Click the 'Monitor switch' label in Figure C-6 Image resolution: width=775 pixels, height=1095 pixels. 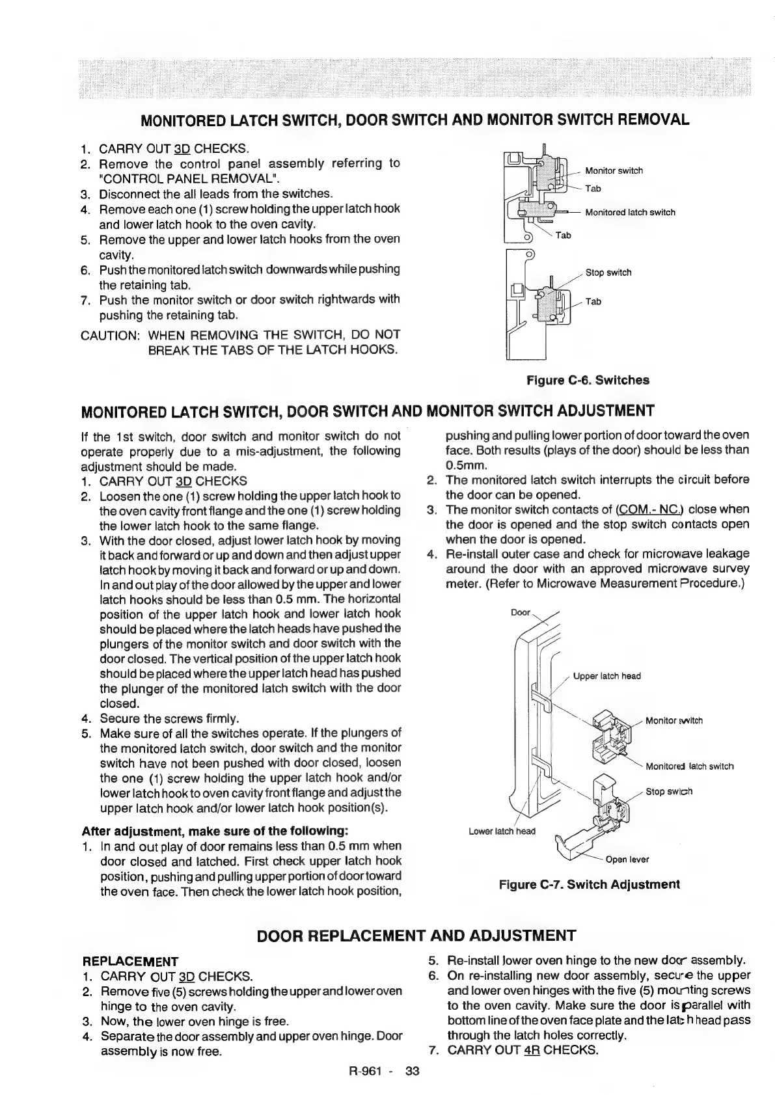point(614,171)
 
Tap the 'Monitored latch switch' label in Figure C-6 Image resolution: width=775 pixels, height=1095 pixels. point(630,213)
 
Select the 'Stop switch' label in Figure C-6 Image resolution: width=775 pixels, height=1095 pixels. point(608,273)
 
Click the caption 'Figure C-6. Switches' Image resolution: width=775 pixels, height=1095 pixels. point(588,380)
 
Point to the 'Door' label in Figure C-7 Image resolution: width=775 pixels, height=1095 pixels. point(521,613)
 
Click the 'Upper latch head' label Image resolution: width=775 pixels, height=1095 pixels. point(606,676)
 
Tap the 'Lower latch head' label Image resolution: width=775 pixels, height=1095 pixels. point(502,831)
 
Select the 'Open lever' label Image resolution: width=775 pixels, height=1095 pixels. point(627,859)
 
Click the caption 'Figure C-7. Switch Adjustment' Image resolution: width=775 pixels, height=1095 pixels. point(589,885)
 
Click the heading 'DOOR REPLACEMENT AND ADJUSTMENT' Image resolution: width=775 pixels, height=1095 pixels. point(416,936)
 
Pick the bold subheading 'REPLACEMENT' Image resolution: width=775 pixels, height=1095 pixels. point(130,961)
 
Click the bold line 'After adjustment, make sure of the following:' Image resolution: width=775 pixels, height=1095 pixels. point(215,831)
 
